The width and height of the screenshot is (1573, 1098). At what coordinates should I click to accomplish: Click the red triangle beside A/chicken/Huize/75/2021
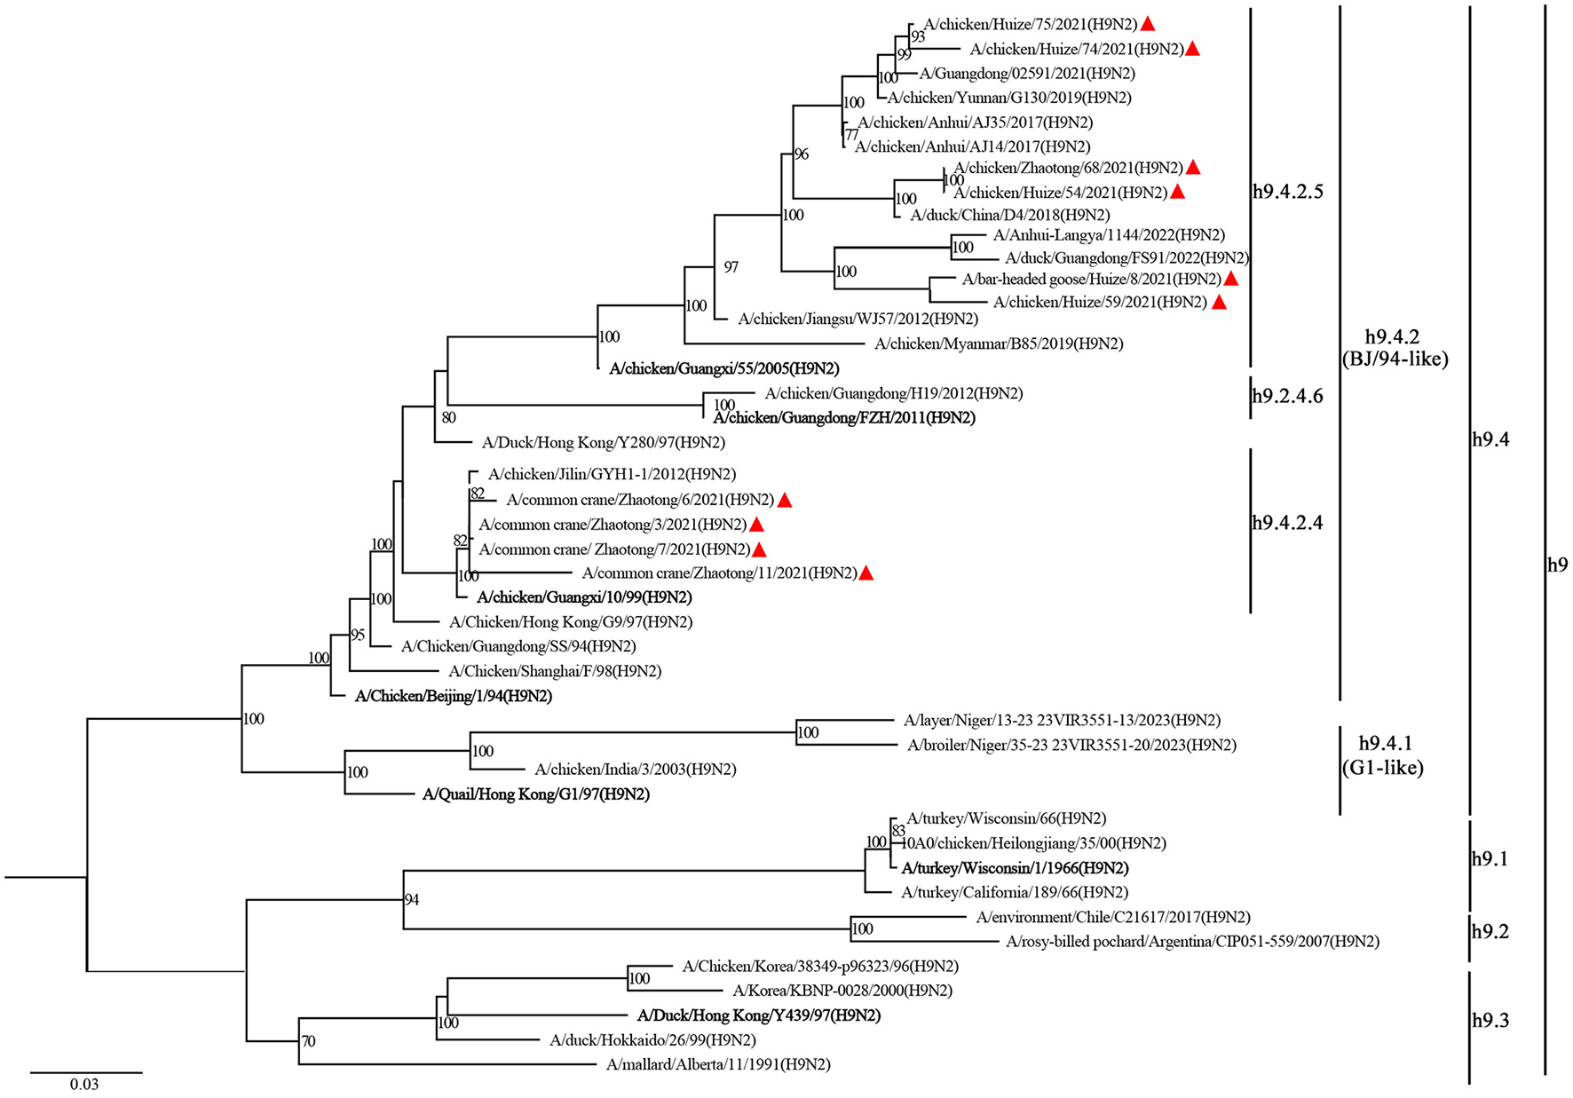(x=1148, y=24)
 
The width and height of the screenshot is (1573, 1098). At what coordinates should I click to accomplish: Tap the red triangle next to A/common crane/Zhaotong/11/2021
(x=866, y=573)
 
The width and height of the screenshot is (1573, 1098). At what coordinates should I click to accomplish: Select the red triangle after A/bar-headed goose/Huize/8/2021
(x=1230, y=279)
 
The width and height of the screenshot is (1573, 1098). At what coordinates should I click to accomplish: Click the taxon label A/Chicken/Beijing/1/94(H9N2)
(x=453, y=696)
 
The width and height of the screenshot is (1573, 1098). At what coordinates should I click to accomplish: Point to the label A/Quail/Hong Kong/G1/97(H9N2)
(x=536, y=794)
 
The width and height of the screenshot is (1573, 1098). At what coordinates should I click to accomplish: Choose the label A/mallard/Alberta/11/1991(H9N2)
(x=718, y=1064)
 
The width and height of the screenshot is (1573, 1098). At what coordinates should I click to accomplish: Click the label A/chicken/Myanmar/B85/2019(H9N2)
(x=999, y=344)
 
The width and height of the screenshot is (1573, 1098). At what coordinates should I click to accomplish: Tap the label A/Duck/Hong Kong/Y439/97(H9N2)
(x=759, y=1015)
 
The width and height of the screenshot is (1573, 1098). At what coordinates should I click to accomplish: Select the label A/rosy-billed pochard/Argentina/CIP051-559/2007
(x=1192, y=941)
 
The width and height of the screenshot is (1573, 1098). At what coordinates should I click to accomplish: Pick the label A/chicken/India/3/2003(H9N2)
(x=636, y=770)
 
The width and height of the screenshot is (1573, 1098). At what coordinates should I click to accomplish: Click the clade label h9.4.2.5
(x=1287, y=192)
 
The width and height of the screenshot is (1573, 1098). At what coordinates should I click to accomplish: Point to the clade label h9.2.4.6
(x=1287, y=396)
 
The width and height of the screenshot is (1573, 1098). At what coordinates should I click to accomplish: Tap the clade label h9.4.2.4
(x=1287, y=523)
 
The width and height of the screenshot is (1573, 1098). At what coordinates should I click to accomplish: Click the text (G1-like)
(x=1383, y=768)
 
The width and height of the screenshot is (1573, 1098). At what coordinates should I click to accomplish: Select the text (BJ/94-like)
(x=1395, y=359)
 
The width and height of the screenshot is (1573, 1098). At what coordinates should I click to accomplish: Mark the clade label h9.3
(x=1490, y=1021)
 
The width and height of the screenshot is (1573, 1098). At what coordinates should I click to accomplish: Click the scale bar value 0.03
(x=84, y=1084)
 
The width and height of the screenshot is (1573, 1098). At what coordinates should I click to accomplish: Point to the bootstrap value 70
(x=308, y=1041)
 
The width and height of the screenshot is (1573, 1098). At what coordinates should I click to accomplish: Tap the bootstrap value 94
(x=412, y=899)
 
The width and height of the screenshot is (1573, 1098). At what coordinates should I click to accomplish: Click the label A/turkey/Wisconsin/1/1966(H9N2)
(x=1015, y=868)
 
